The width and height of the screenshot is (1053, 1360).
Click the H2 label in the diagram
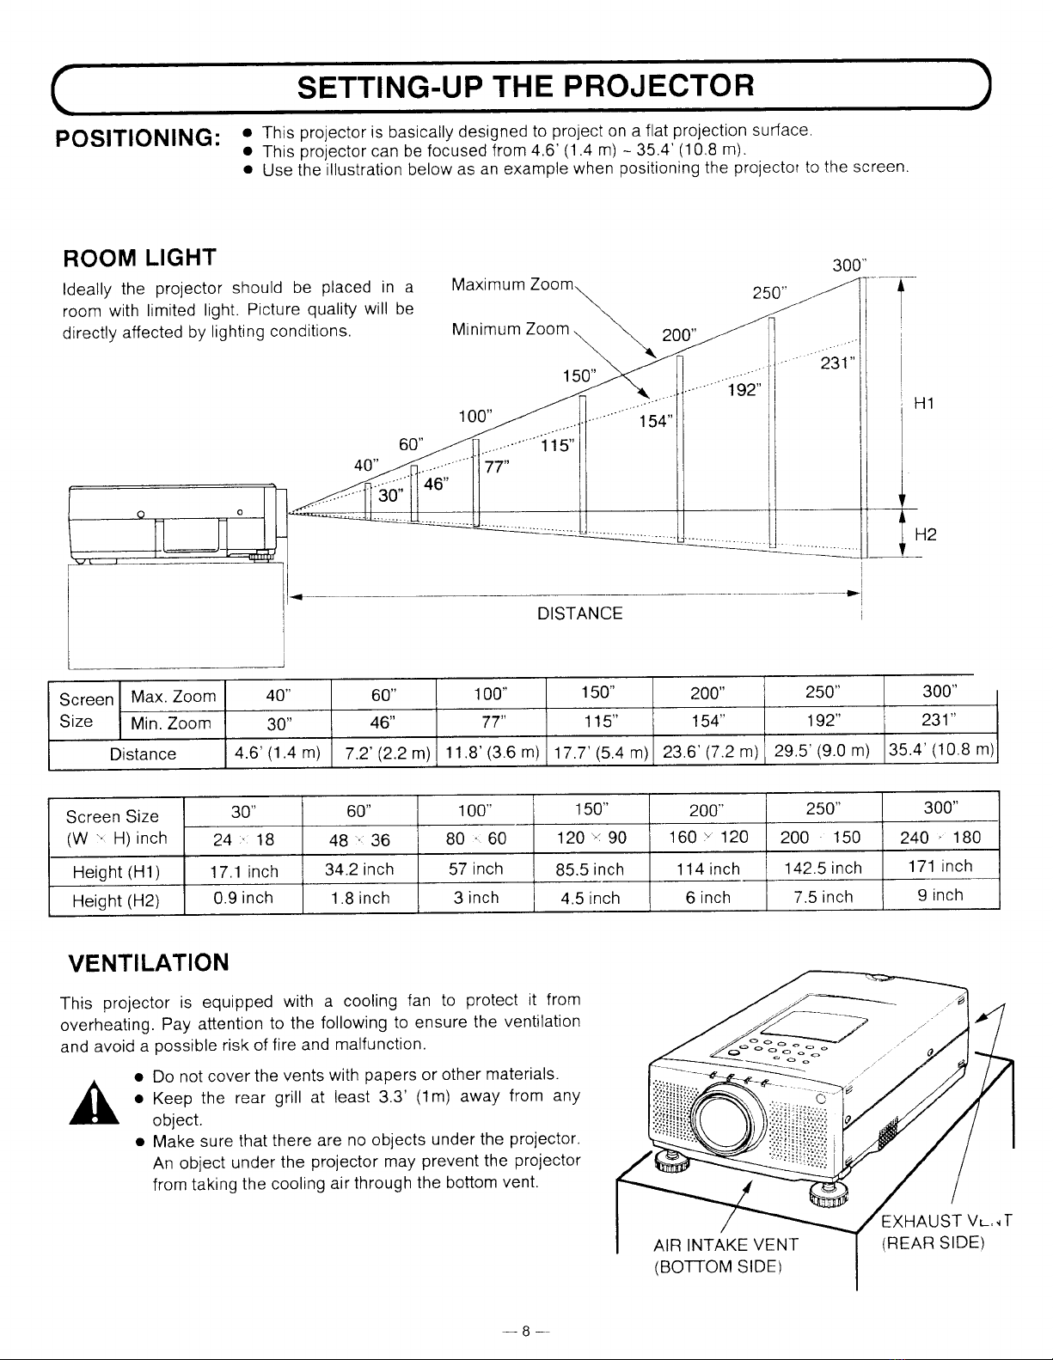point(926,534)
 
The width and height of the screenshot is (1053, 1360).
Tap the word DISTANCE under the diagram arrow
point(579,613)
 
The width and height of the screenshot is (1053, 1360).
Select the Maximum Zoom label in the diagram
point(511,285)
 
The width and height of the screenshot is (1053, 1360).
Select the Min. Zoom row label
point(170,723)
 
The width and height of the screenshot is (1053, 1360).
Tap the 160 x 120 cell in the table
point(708,837)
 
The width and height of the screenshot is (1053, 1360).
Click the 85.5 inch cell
point(591,869)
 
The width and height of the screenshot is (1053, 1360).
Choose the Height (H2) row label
point(117,900)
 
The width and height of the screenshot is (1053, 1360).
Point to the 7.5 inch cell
point(823,897)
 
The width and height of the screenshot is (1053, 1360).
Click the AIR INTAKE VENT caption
point(726,1245)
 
